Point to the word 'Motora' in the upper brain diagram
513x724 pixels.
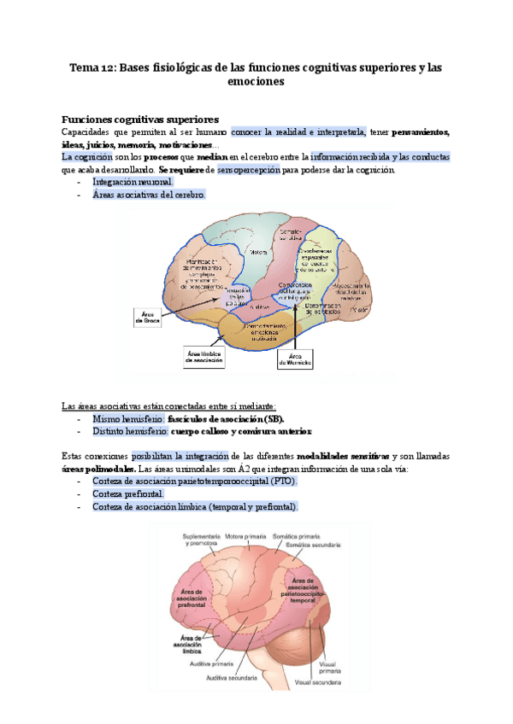tap(256, 252)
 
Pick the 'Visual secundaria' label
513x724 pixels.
tap(318, 682)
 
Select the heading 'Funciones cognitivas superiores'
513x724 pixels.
tap(140, 119)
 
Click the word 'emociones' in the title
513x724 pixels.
tap(256, 82)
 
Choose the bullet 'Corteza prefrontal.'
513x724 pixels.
tap(127, 494)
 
